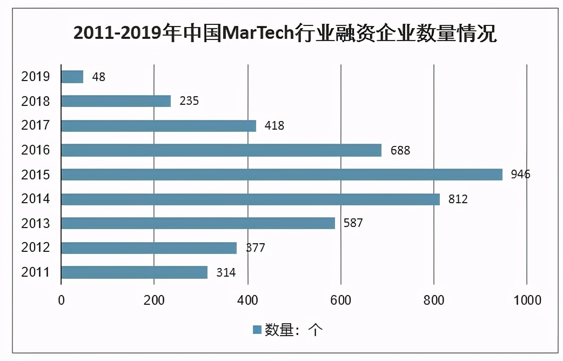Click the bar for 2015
[281, 175]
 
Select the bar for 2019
[72, 77]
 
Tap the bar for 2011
[134, 272]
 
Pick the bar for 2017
[158, 125]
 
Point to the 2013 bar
[198, 223]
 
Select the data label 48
[98, 77]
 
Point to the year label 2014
[36, 199]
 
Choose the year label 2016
[36, 150]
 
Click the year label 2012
[36, 248]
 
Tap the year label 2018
[36, 101]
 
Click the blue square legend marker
[257, 330]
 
